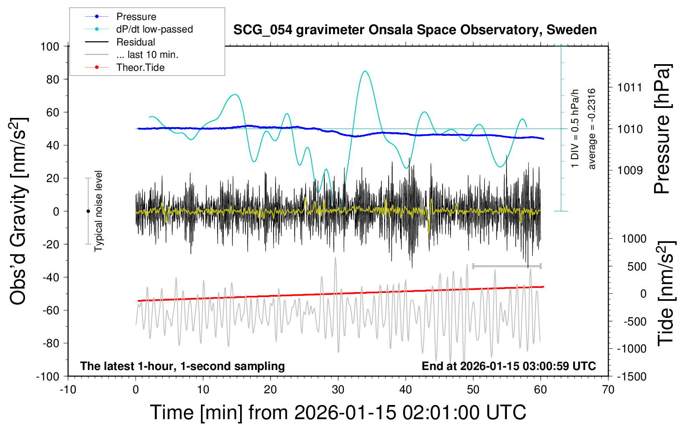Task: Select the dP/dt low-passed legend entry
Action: (154, 29)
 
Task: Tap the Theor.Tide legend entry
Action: (140, 67)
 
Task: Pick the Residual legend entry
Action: (135, 42)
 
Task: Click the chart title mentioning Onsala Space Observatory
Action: (415, 30)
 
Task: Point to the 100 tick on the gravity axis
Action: (50, 46)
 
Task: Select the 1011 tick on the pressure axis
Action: (630, 87)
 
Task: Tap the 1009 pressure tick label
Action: (630, 170)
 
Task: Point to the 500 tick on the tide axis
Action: (637, 267)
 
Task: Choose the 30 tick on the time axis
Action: (338, 390)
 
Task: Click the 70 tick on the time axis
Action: (608, 390)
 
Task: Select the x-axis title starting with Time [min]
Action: (338, 412)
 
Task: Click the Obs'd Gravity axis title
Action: (18, 211)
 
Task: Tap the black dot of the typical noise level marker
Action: (88, 211)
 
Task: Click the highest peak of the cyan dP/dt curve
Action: (365, 71)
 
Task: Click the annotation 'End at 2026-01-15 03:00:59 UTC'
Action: (509, 366)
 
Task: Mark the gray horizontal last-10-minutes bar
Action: (506, 266)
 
